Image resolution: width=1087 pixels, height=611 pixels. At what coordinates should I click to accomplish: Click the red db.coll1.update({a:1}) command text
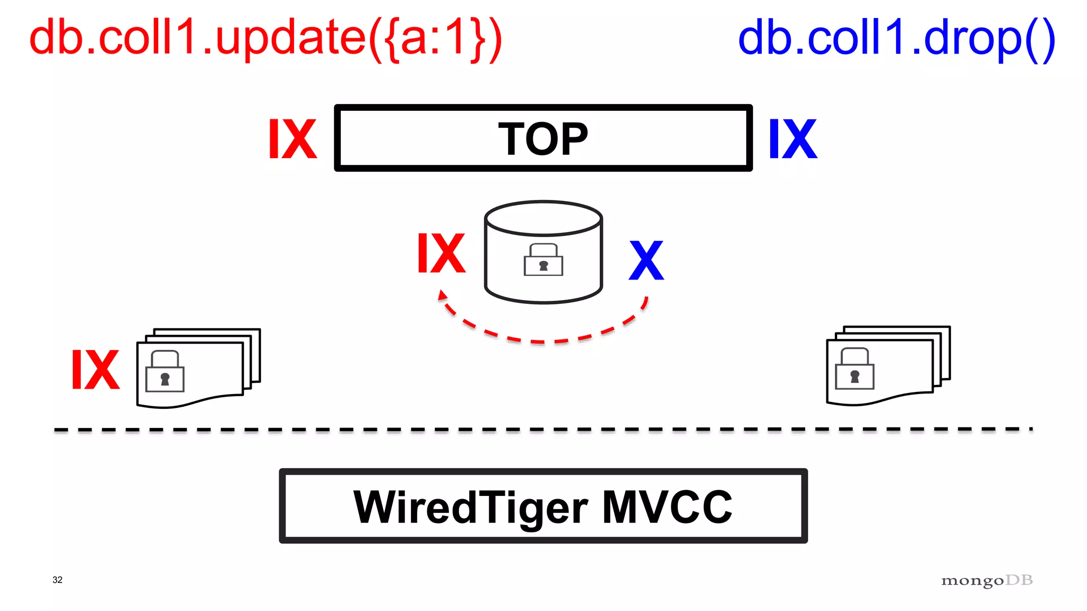tap(265, 38)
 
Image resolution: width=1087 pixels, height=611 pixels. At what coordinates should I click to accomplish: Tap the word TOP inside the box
tap(543, 139)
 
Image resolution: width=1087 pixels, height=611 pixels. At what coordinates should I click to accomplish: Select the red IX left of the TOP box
tap(292, 139)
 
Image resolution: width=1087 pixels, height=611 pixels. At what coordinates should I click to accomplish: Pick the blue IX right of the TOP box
tap(793, 139)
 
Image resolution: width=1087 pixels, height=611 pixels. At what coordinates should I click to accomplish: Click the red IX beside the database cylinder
tap(441, 254)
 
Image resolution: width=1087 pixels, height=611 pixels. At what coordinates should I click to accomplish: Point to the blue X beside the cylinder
tap(646, 260)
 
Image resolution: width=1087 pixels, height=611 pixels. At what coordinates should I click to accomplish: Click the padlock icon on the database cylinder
tap(543, 260)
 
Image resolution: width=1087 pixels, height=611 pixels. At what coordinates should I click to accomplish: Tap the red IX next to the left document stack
tap(96, 370)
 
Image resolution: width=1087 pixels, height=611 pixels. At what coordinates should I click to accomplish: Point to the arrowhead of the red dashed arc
tap(442, 295)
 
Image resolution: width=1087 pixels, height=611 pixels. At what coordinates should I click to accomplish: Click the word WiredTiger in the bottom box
tap(470, 507)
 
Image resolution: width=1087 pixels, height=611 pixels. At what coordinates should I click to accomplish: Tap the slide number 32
tap(57, 580)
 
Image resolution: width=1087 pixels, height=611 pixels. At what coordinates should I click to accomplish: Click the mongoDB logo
tap(987, 580)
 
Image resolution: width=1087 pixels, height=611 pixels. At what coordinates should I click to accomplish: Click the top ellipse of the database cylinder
tap(543, 218)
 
